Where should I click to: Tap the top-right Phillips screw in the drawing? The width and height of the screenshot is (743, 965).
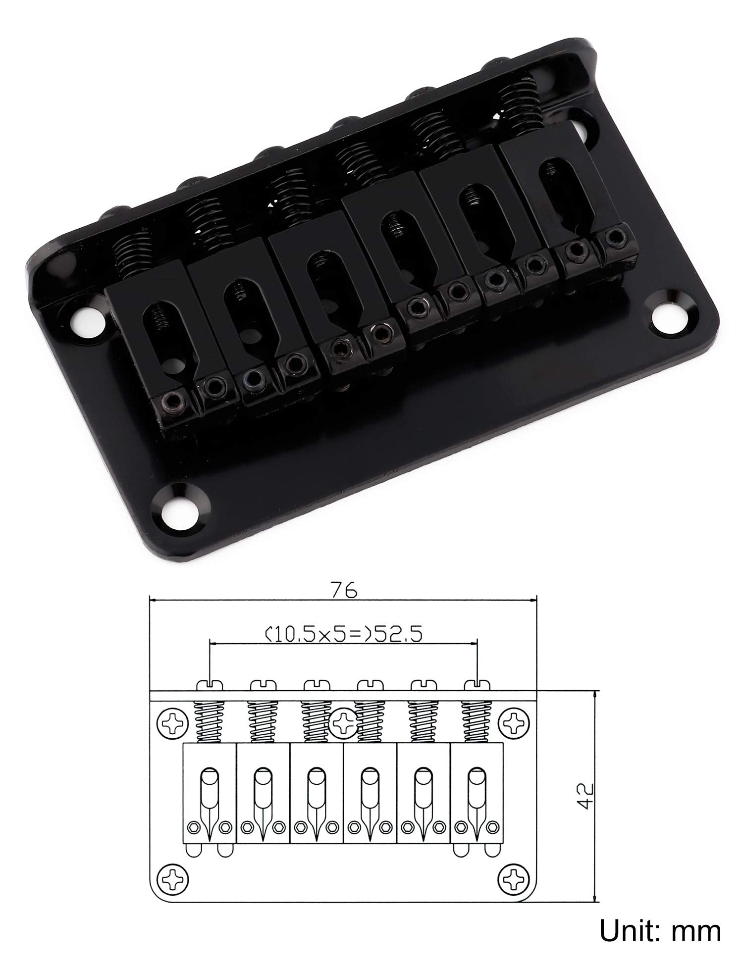click(x=515, y=723)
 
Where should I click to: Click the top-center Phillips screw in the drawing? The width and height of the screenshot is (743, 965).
click(x=343, y=723)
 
